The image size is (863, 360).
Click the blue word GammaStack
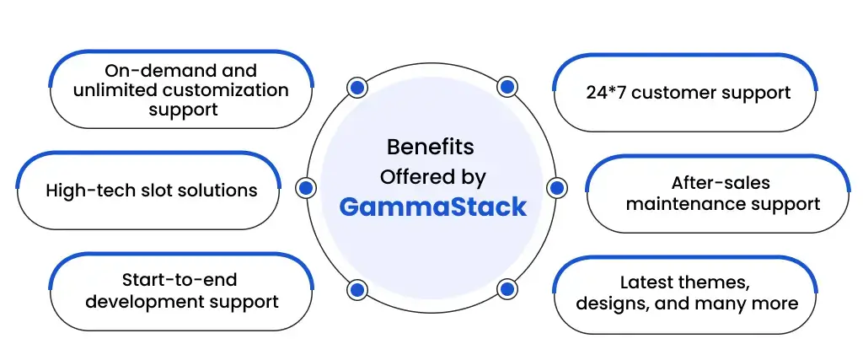pos(432,207)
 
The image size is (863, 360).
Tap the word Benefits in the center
pos(431,147)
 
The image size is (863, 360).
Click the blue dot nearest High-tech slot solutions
pos(305,188)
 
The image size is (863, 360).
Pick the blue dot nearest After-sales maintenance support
pos(557,188)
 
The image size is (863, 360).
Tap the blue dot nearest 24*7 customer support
pos(507,87)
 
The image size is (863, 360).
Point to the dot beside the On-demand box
pos(357,87)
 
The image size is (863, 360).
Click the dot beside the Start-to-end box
pos(357,289)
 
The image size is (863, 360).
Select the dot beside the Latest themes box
pos(507,289)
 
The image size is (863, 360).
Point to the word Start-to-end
pos(180,280)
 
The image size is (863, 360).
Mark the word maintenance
pos(678,204)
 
